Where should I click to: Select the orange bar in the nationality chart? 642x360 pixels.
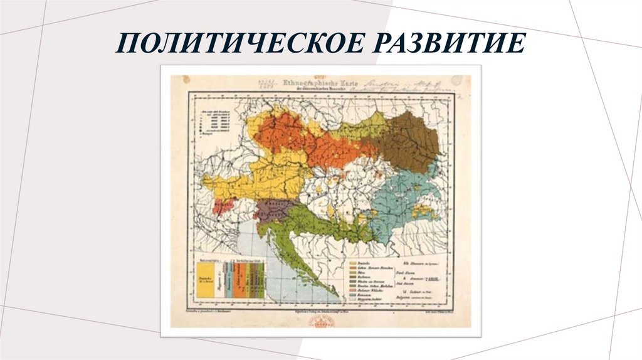point(239,280)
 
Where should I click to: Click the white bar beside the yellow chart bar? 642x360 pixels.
point(219,280)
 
